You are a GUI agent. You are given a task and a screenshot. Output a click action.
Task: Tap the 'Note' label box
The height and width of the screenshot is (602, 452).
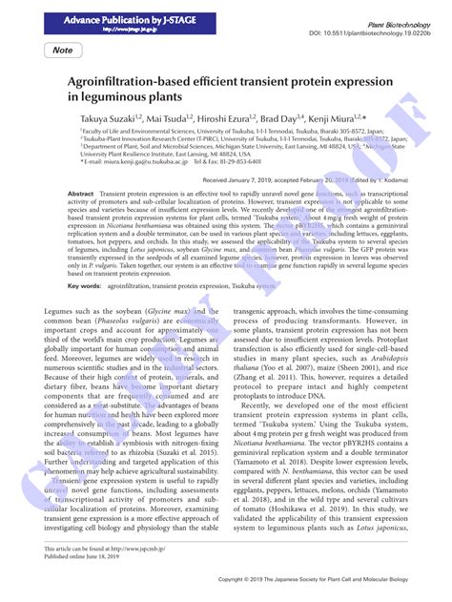point(63,50)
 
